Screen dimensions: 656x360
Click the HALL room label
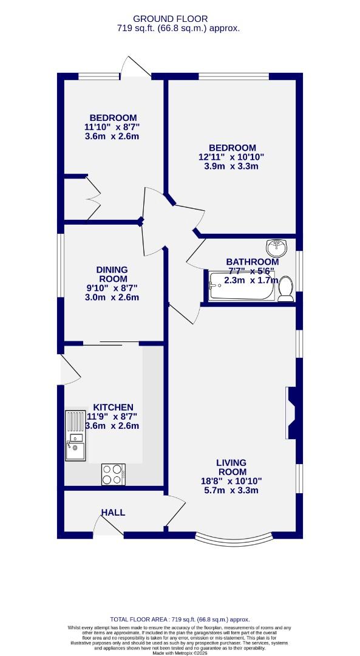[113, 513]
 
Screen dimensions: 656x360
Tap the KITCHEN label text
[113, 407]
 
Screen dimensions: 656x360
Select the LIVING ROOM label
[231, 467]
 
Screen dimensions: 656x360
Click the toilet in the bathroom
[285, 289]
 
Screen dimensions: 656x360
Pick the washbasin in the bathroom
[276, 248]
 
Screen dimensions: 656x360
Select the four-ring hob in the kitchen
[113, 474]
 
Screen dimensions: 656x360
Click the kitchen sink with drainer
[76, 437]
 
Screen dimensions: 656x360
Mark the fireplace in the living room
[291, 413]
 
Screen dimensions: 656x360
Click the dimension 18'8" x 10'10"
[231, 480]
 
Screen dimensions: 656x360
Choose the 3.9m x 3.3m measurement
[233, 166]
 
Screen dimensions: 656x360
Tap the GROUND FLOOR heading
[179, 19]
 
